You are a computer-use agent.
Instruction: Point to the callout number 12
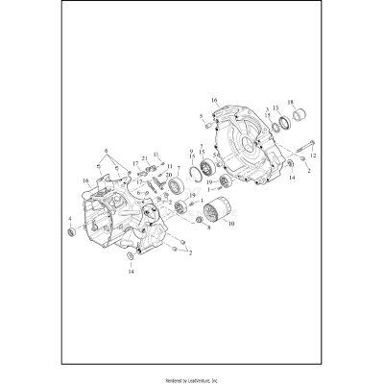[x=313, y=156]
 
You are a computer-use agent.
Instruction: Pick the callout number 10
[x=229, y=224]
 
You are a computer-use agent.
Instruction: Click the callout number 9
[x=192, y=151]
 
